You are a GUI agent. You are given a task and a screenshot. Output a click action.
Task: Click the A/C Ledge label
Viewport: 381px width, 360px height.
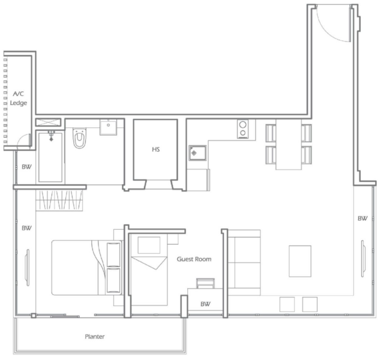click(x=18, y=98)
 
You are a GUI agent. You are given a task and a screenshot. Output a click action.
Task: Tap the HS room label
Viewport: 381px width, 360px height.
click(x=156, y=149)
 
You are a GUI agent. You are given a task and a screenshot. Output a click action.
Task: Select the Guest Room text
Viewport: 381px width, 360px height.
click(x=194, y=259)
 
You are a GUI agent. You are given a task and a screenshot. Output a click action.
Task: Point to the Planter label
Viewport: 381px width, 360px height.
click(x=95, y=337)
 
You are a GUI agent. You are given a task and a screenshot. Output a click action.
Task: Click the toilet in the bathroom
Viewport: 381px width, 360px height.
click(x=79, y=138)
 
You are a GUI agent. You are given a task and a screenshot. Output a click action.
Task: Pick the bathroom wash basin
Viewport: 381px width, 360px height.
click(x=108, y=127)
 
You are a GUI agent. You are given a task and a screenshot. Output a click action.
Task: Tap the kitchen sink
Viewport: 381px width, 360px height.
click(x=197, y=153)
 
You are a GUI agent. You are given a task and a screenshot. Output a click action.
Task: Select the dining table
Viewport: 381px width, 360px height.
click(x=289, y=144)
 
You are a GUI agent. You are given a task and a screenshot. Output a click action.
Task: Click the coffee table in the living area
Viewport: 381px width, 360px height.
click(x=300, y=261)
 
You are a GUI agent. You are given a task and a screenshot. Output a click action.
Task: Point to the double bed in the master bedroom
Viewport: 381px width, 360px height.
click(x=86, y=268)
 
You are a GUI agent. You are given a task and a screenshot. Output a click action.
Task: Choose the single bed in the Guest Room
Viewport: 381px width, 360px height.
click(x=149, y=269)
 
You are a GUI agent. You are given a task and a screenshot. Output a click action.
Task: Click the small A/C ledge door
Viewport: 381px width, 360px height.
click(x=25, y=140)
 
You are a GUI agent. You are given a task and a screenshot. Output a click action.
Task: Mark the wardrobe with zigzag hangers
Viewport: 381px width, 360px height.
click(x=59, y=200)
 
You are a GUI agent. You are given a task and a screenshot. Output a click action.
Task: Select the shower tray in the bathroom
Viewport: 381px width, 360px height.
click(x=50, y=157)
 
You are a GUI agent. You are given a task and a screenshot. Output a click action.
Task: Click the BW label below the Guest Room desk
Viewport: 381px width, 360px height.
click(x=205, y=304)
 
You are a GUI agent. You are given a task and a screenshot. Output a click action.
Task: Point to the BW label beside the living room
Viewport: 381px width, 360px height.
click(x=362, y=218)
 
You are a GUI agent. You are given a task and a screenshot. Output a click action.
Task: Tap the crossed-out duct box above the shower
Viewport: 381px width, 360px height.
click(x=48, y=122)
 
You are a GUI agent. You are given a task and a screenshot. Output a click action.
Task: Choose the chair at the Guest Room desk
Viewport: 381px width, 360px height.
click(x=205, y=283)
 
